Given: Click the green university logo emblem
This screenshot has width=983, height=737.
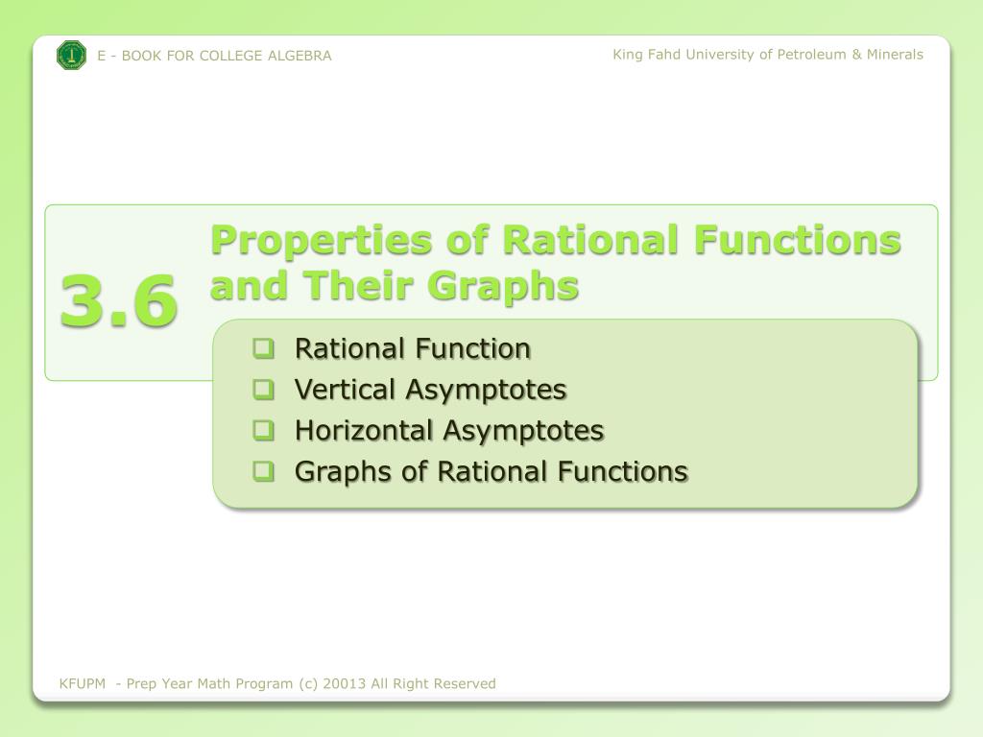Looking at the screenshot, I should pos(72,56).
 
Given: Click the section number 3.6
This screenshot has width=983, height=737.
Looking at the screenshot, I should pos(118,300).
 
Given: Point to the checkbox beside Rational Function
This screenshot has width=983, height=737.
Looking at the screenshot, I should pos(264,348).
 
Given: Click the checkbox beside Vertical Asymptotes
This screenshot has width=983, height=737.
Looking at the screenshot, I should pos(264,390).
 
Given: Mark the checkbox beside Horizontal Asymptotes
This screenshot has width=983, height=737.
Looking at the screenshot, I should pos(264,431).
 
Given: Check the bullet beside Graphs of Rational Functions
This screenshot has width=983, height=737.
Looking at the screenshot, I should pos(264,471).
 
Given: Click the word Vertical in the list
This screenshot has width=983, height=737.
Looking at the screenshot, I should pos(346,390).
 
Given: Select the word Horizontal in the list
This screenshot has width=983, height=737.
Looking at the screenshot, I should pos(365,431).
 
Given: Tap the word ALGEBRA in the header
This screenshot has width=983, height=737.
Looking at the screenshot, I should pos(300,56).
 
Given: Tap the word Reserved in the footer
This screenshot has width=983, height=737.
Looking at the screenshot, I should pos(465,684).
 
